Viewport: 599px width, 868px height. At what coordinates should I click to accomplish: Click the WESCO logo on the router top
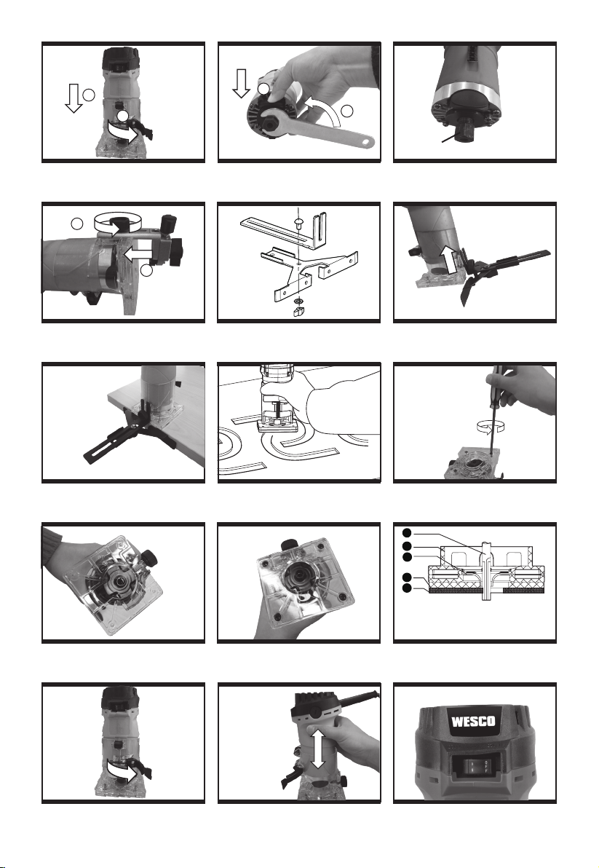pyautogui.click(x=473, y=722)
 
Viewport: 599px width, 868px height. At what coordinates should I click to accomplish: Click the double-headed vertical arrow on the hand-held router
pyautogui.click(x=317, y=747)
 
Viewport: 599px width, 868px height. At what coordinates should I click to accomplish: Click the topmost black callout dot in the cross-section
pyautogui.click(x=407, y=533)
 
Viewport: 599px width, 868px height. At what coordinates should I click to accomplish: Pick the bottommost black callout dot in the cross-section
pyautogui.click(x=407, y=588)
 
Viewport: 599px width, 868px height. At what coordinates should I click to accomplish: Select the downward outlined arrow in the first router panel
pyautogui.click(x=73, y=99)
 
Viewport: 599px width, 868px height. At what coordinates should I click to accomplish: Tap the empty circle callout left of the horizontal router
pyautogui.click(x=77, y=224)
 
